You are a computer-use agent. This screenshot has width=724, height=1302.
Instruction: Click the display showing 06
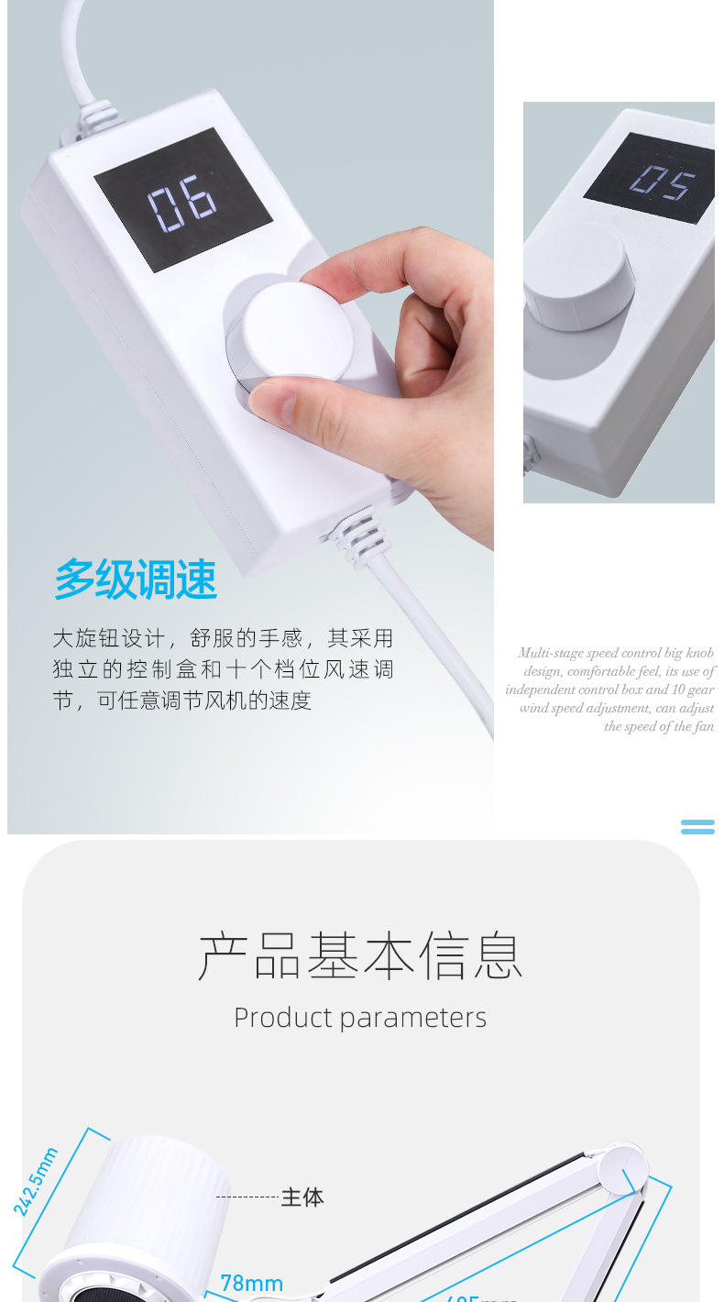tap(183, 200)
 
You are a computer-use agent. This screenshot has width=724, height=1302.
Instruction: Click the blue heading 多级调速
tap(136, 579)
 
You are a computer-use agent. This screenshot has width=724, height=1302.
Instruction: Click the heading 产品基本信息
tap(360, 955)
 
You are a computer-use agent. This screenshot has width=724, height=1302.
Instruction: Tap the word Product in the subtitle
tap(282, 1018)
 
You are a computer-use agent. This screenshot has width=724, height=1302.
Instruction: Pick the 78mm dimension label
tap(251, 1283)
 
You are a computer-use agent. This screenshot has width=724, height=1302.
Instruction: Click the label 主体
tap(302, 1197)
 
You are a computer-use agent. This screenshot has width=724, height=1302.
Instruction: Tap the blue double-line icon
tap(697, 826)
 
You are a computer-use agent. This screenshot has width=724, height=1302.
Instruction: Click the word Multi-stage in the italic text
tap(550, 653)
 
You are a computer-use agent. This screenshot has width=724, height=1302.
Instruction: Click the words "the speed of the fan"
tap(659, 726)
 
